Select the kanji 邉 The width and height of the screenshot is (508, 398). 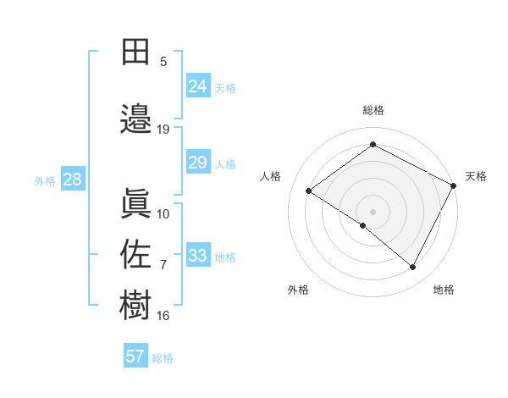point(136,119)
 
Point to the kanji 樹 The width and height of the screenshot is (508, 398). point(136,307)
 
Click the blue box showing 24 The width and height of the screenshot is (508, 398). point(198,86)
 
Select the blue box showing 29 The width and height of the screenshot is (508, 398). point(198,163)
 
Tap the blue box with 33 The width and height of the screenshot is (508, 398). point(198,256)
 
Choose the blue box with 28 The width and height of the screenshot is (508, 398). point(72,180)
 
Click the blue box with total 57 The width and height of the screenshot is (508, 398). point(135,357)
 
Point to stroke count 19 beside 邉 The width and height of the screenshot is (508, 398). point(163,130)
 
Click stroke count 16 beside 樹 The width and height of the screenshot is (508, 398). point(163,316)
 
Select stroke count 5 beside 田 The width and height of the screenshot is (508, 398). point(163,62)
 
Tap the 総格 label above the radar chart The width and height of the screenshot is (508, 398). point(373,110)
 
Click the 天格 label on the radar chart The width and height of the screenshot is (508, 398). point(476,176)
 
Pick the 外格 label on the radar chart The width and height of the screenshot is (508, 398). point(298,290)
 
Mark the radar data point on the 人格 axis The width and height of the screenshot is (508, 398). point(309,191)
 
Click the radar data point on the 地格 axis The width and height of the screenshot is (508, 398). point(413,268)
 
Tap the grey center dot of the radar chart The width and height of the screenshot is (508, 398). point(373,211)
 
